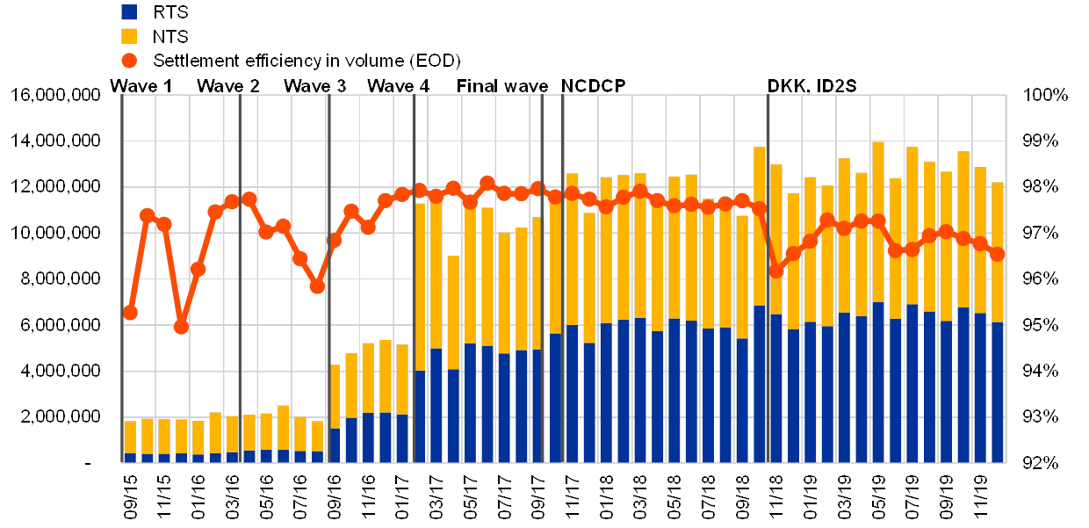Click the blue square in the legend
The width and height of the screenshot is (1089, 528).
click(129, 12)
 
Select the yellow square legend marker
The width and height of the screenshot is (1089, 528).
click(129, 36)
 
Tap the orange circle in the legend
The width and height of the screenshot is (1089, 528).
click(129, 60)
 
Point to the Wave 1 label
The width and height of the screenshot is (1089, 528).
click(140, 86)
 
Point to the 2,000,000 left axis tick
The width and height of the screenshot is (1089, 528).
click(63, 416)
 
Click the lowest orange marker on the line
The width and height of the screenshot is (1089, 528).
click(181, 326)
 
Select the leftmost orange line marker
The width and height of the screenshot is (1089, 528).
click(130, 312)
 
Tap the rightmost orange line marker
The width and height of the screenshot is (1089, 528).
click(997, 254)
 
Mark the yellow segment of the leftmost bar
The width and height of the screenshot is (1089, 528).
click(130, 437)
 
